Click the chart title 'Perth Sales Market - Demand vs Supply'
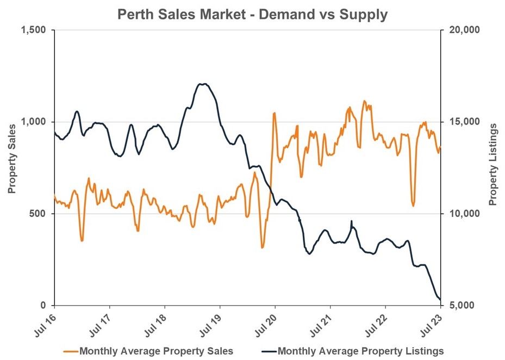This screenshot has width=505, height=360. tap(252, 14)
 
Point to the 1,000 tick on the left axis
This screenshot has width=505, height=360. tap(36, 122)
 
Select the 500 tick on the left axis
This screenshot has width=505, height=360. tap(40, 214)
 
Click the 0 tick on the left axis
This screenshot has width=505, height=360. tap(46, 306)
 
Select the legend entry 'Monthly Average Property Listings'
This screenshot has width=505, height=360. tap(360, 351)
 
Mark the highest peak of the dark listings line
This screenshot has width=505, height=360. tap(202, 84)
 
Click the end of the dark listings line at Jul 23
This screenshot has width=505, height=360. tap(440, 299)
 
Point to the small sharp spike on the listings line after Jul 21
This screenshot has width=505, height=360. tap(352, 221)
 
